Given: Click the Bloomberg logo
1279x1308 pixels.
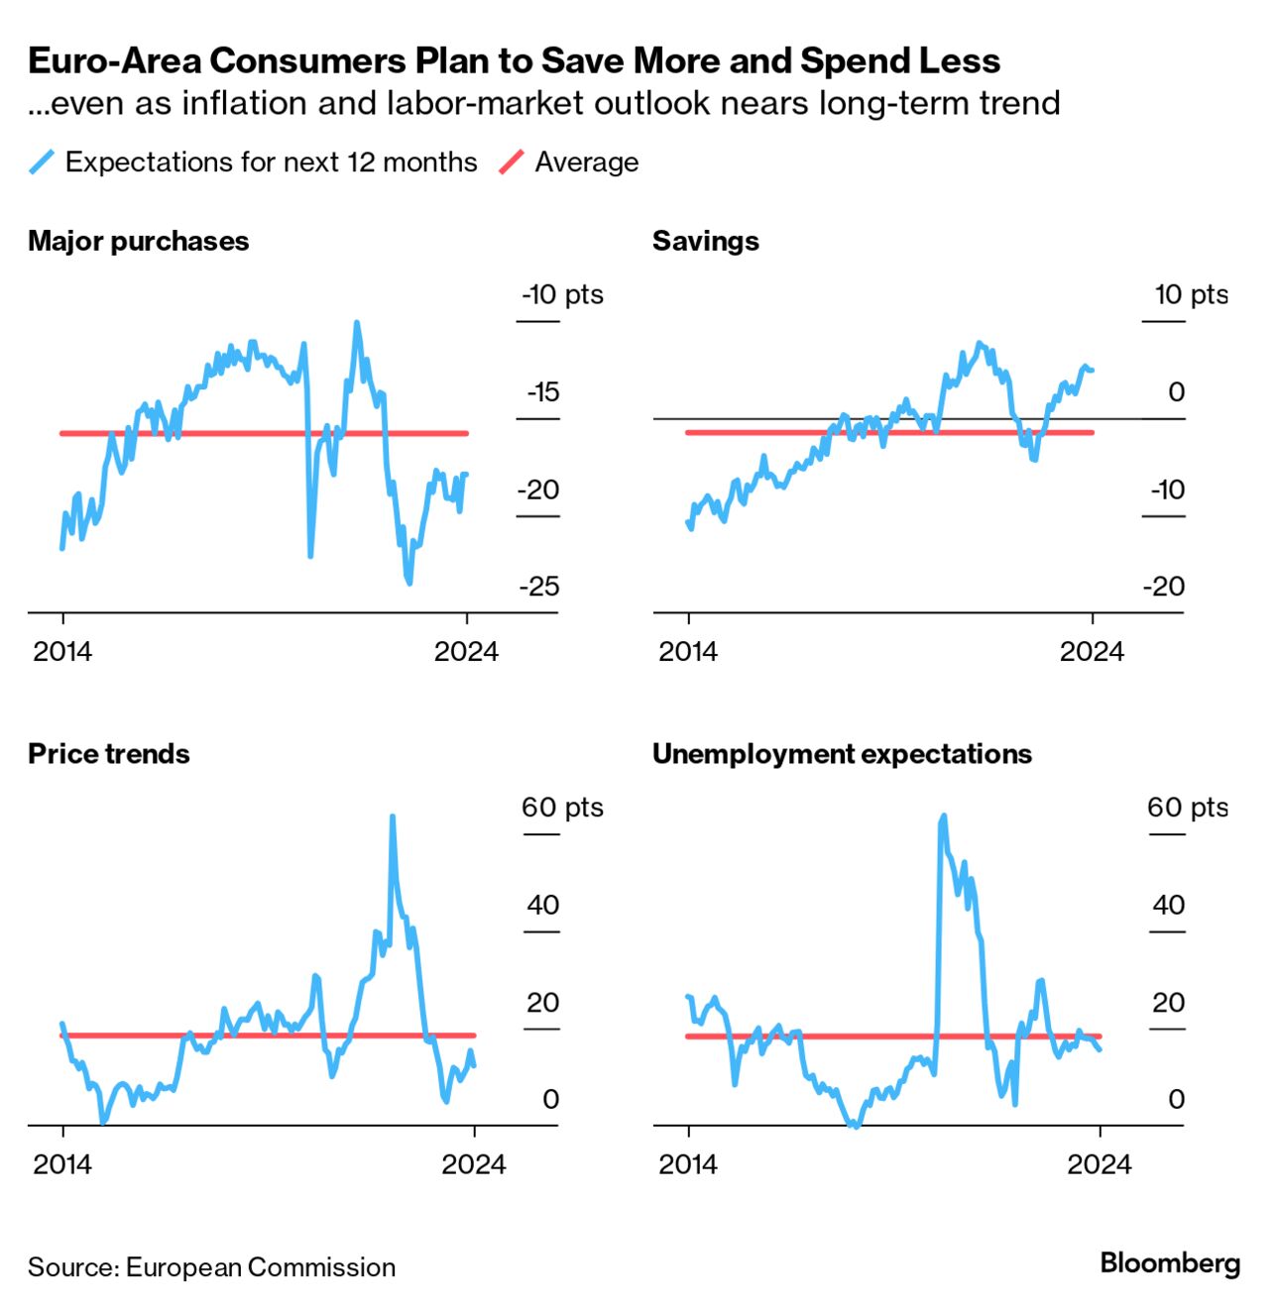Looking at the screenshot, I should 1170,1263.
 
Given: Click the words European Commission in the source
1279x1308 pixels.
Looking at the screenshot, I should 261,1267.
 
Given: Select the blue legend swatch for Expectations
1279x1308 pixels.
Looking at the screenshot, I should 42,163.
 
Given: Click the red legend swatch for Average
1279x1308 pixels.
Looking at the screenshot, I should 511,163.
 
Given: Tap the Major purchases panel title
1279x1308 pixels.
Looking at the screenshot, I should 138,241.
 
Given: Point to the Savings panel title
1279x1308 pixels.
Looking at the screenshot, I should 705,241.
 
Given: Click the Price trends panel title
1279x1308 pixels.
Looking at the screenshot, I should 108,754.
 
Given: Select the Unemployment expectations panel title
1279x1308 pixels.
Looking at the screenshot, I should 841,754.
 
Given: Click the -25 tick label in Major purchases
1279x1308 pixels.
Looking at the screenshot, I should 538,587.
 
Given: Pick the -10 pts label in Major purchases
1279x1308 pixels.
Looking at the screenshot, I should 561,294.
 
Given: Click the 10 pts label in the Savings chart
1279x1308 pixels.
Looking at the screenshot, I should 1190,294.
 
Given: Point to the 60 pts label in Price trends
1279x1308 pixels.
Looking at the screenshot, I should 561,808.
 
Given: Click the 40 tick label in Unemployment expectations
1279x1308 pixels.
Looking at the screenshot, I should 1168,905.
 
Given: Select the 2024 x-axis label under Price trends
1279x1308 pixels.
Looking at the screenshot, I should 473,1164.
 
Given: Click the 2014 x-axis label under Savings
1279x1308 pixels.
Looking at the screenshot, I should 687,651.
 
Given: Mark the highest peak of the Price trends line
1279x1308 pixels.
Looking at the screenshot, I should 393,817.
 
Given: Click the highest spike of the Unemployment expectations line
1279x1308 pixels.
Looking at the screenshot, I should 943,817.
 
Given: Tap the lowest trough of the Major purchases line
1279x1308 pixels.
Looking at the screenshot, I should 408,583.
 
